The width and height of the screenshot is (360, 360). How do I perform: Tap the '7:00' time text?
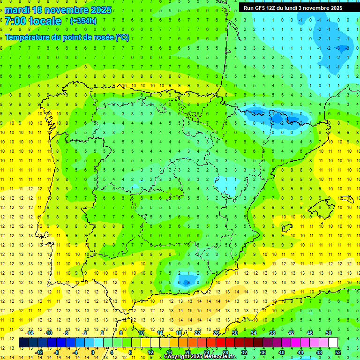point(16,22)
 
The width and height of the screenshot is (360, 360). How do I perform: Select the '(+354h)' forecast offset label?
point(83,21)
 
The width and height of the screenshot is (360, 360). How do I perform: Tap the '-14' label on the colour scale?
point(30,333)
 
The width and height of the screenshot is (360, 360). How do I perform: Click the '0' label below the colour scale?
point(93,352)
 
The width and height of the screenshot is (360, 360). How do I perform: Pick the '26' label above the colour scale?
point(216,333)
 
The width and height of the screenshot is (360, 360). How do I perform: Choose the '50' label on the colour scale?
point(329,333)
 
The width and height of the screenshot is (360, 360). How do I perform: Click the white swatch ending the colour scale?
point(333,343)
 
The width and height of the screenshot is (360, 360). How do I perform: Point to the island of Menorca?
point(347,199)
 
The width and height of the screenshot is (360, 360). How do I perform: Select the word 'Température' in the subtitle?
point(26,37)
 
